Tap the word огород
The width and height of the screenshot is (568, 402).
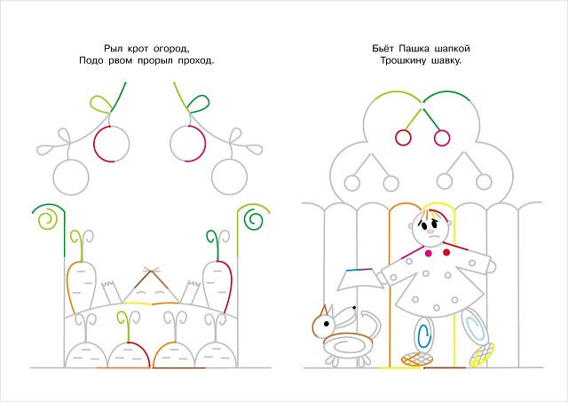point(171,49)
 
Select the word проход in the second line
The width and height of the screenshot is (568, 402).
point(196,60)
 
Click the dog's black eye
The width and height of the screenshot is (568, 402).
point(327,323)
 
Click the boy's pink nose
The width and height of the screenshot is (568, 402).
point(430,231)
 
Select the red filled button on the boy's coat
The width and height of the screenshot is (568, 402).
point(446,252)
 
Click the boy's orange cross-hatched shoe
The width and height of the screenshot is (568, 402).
point(416,359)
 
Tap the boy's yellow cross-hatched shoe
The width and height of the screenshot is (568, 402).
point(482,355)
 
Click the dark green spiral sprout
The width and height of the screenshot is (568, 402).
point(253,220)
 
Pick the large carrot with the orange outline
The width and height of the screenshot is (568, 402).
point(81,287)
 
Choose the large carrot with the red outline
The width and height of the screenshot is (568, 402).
point(217,286)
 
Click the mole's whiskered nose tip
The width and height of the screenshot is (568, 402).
point(152,270)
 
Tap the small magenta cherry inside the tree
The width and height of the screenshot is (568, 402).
point(442,138)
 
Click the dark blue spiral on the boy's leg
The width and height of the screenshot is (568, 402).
point(424,336)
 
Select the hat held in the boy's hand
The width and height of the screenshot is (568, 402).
point(360,280)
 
